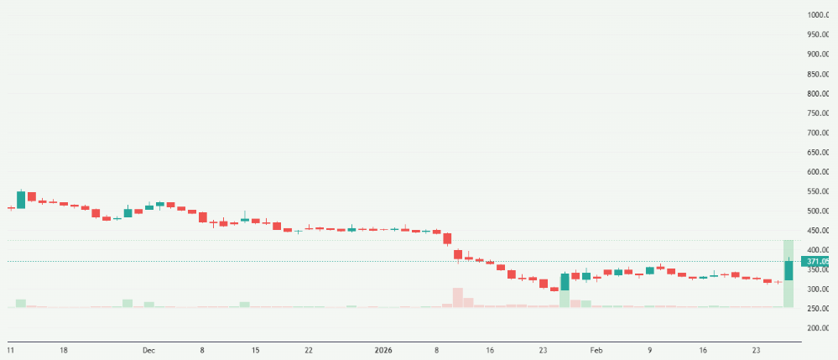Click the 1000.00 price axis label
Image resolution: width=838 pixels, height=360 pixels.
tap(818, 15)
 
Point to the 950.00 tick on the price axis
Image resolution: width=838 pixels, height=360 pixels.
tap(818, 34)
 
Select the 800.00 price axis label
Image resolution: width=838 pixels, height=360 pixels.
tap(818, 93)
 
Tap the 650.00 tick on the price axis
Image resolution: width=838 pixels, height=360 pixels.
tap(818, 152)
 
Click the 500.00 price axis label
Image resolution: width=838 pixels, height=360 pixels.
tap(818, 211)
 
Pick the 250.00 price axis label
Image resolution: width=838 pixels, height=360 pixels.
tap(818, 309)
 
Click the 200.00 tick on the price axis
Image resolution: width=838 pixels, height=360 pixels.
tap(818, 328)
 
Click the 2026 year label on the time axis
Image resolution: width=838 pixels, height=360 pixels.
tap(383, 349)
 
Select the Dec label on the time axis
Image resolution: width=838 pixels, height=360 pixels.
tap(148, 349)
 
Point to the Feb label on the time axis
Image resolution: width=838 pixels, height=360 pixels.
tap(596, 349)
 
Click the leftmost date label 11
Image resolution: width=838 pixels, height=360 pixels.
tap(11, 349)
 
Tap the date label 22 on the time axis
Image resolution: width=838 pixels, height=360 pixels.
tap(309, 349)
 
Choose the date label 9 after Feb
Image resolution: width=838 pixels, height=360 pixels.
tap(650, 349)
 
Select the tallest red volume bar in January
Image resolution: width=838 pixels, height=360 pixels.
tap(458, 297)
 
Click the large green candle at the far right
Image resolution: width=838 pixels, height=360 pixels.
tap(789, 270)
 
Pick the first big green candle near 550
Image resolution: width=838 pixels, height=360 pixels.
tap(21, 200)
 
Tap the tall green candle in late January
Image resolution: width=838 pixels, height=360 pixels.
tap(565, 281)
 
